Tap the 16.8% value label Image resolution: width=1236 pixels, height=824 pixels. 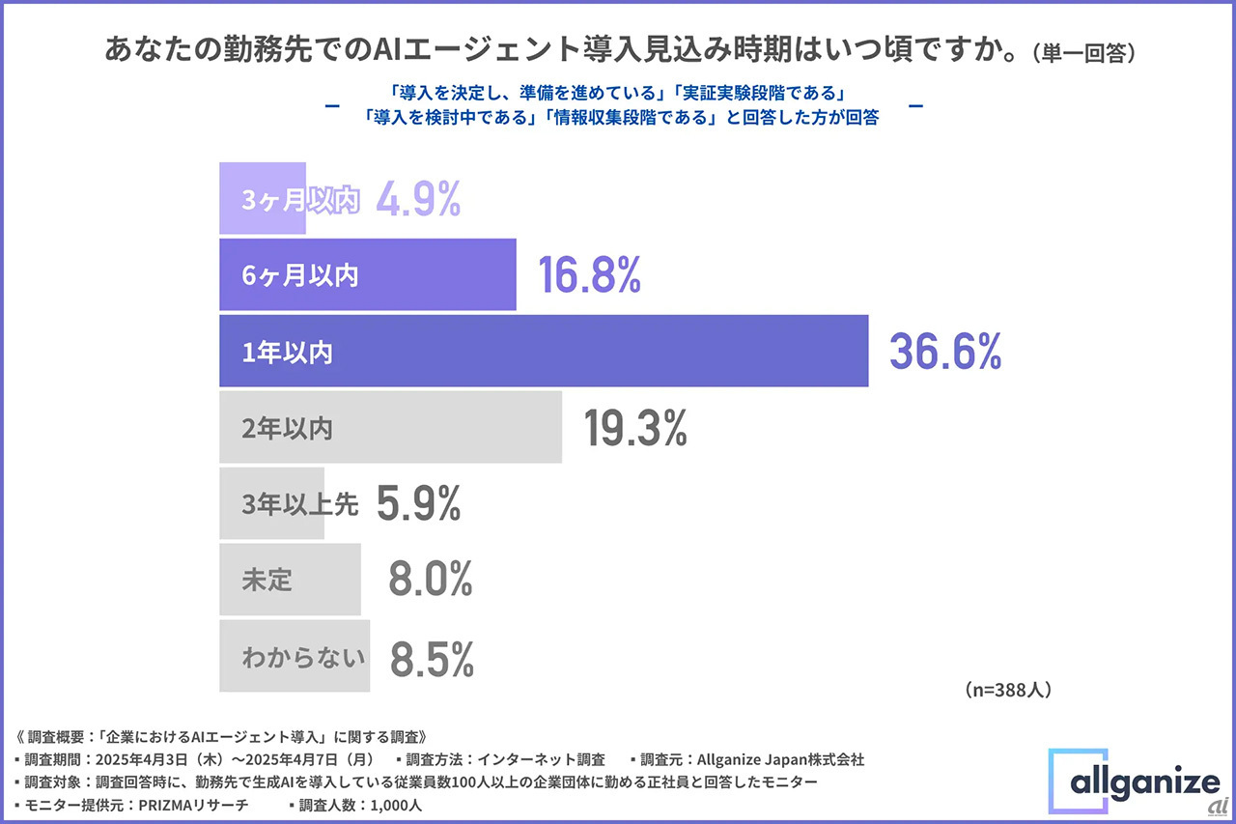(x=590, y=276)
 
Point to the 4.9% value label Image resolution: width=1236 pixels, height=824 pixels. (x=418, y=199)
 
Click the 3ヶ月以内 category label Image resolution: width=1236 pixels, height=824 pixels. (x=299, y=200)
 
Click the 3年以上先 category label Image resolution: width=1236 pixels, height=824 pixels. (x=300, y=504)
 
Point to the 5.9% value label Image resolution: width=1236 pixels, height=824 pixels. (x=418, y=504)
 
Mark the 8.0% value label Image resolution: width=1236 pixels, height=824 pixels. (x=431, y=580)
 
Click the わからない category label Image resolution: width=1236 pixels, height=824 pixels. (x=303, y=659)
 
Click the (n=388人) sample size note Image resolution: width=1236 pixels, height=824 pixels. (x=1007, y=690)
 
